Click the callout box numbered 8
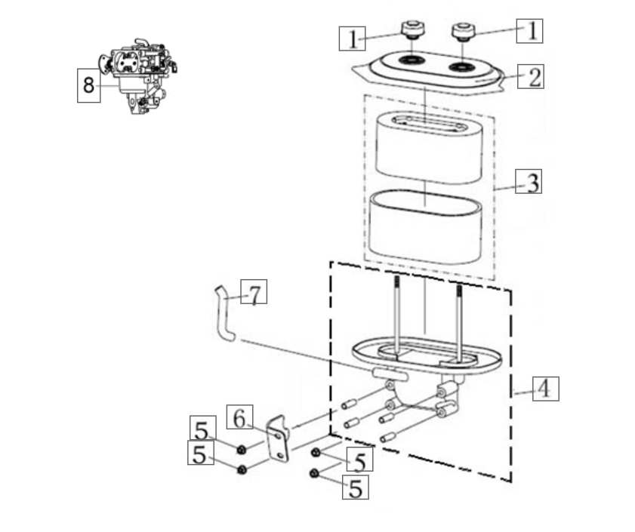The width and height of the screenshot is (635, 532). (x=89, y=85)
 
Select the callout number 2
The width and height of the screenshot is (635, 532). (x=534, y=77)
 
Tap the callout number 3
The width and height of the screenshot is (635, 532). (x=533, y=182)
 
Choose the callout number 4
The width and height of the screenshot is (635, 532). (x=545, y=389)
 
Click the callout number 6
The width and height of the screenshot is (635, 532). (x=239, y=417)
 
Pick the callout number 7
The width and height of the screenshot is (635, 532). (x=255, y=294)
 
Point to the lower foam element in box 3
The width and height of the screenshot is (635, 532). (x=427, y=225)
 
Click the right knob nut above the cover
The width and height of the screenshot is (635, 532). (x=461, y=32)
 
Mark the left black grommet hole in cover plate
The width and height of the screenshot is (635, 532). (x=412, y=60)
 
